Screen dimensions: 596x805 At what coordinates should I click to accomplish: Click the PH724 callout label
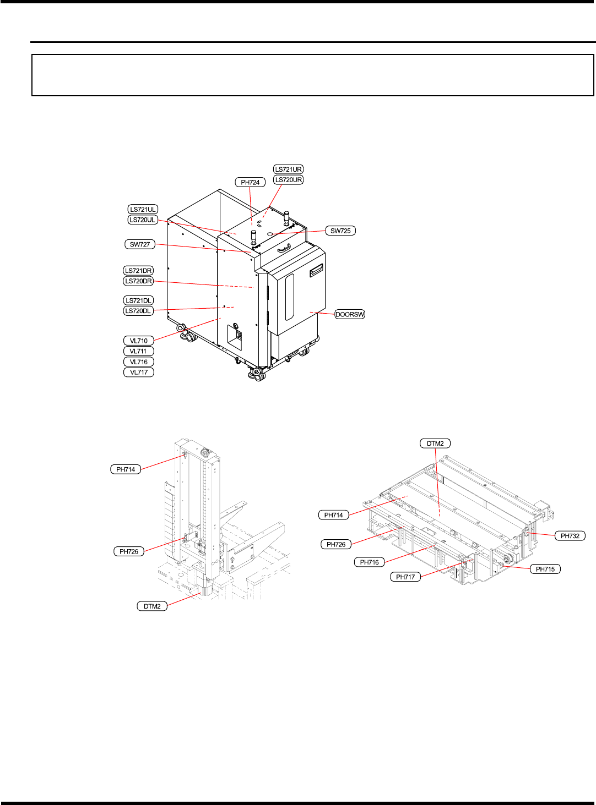[x=251, y=182]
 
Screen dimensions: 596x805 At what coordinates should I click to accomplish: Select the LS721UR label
[x=288, y=169]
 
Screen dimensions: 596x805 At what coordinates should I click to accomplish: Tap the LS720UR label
[x=288, y=180]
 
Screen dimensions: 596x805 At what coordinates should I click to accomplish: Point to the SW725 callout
[x=340, y=231]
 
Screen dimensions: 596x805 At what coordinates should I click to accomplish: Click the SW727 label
[x=140, y=244]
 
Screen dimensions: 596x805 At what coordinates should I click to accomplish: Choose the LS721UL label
[x=143, y=210]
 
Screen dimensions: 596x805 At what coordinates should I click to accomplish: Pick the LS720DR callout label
[x=138, y=281]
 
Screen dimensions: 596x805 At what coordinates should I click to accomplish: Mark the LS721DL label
[x=138, y=300]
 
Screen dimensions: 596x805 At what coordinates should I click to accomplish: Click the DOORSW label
[x=350, y=314]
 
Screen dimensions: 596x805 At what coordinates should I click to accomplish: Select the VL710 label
[x=139, y=341]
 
